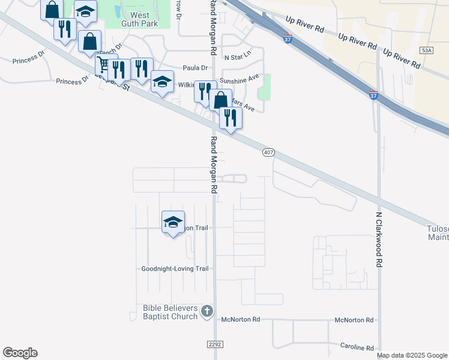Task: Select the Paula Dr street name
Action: (x=195, y=68)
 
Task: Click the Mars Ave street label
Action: (x=243, y=106)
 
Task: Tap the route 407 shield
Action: (x=268, y=153)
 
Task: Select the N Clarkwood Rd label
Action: (x=379, y=239)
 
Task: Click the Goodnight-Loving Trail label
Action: (x=175, y=269)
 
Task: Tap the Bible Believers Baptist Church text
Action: (x=170, y=312)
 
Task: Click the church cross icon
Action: (x=207, y=311)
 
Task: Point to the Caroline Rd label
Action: (x=357, y=348)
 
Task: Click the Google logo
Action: (x=20, y=353)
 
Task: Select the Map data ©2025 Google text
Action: (x=412, y=356)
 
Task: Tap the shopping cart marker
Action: (x=103, y=64)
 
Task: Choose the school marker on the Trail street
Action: (x=173, y=222)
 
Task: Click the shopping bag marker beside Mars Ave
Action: (x=220, y=100)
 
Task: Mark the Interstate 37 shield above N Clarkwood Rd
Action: (x=373, y=95)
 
